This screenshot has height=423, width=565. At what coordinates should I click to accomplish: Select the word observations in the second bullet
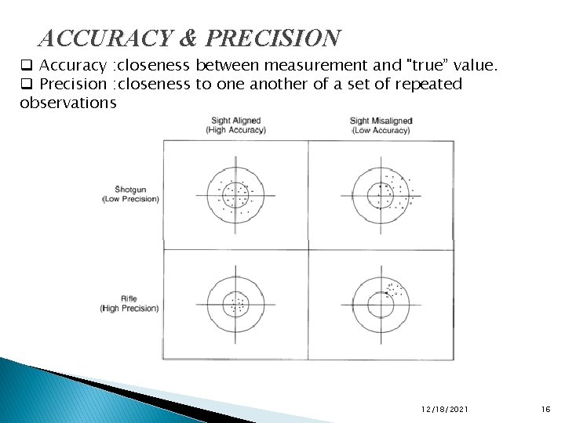click(x=68, y=102)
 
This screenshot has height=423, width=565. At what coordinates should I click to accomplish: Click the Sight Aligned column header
click(x=236, y=121)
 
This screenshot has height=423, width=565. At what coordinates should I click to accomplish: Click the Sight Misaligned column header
click(x=381, y=121)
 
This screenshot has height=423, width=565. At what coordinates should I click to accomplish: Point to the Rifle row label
click(x=129, y=298)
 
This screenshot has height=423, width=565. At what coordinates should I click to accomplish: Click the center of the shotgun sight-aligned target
click(x=235, y=195)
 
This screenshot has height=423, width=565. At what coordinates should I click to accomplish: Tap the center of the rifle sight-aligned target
click(x=235, y=305)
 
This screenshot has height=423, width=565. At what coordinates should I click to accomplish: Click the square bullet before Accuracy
click(x=26, y=64)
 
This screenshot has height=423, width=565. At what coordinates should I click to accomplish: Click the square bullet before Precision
click(x=26, y=83)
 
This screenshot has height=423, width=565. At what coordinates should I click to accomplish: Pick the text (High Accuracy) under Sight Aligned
click(x=236, y=130)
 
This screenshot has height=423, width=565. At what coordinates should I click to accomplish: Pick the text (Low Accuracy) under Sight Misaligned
click(x=381, y=130)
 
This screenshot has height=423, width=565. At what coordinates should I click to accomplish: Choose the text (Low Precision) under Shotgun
click(x=130, y=199)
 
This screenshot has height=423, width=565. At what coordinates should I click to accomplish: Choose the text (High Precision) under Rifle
click(x=129, y=308)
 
